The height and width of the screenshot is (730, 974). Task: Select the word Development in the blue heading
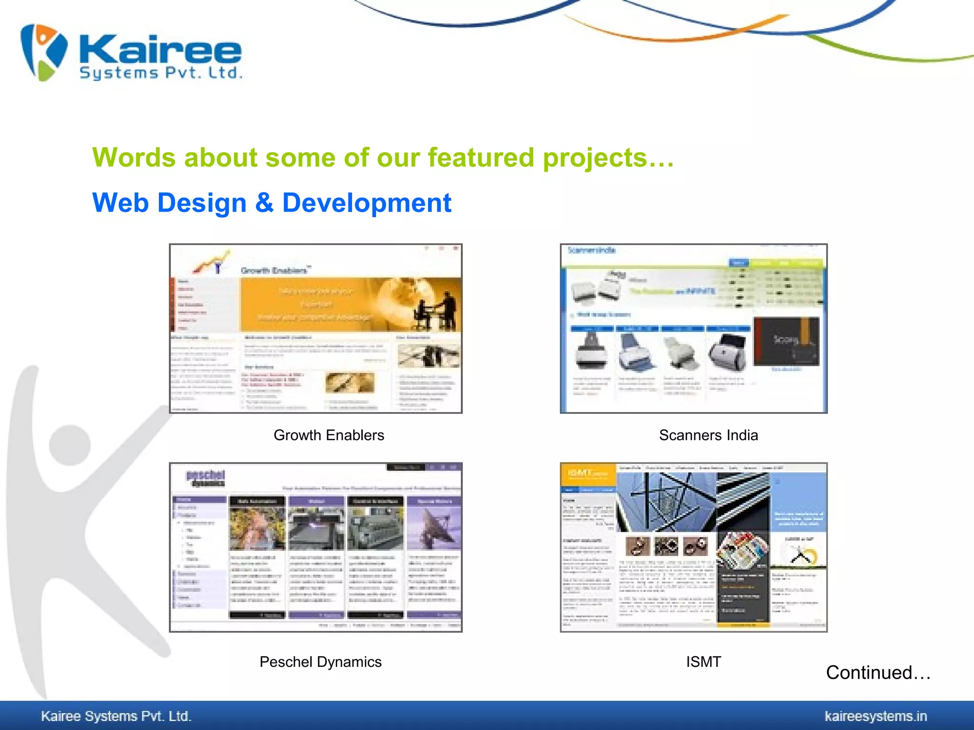point(367,203)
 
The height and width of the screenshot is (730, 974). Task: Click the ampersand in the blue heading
point(264,203)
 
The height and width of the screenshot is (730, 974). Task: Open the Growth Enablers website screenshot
point(316,328)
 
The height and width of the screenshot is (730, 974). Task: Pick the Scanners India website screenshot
point(693,328)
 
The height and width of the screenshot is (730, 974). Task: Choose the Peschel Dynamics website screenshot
point(316,547)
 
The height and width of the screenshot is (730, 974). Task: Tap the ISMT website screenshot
point(693,547)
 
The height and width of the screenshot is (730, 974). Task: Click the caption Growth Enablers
point(329,435)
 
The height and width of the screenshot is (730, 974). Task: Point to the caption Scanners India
point(708,435)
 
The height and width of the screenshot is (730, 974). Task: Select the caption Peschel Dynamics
point(321,662)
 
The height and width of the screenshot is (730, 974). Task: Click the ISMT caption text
point(703,662)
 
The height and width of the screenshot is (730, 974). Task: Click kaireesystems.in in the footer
point(876,716)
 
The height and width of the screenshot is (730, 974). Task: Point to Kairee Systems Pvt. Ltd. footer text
point(116,716)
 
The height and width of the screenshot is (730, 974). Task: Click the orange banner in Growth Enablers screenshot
point(351,304)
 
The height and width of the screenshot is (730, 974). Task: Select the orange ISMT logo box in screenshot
point(588,474)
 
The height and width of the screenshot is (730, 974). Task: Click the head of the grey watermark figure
point(70,445)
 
